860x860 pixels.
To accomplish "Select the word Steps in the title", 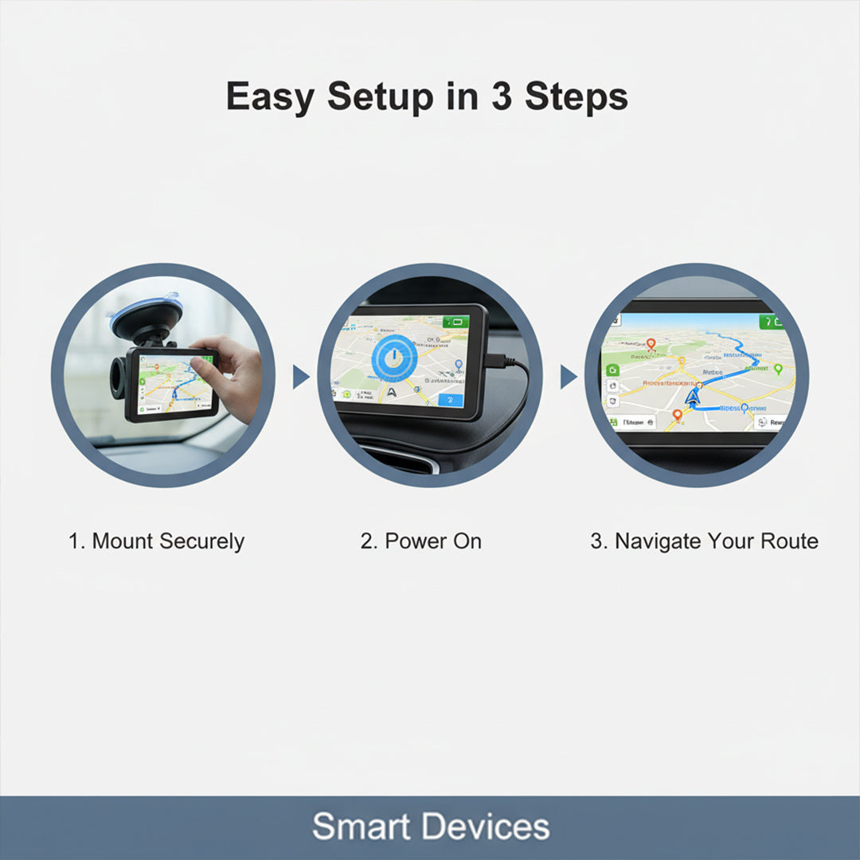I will click(577, 97).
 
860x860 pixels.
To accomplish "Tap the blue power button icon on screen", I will click(390, 359).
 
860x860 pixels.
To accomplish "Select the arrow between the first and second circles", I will click(300, 377).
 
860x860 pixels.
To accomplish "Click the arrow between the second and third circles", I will click(568, 377).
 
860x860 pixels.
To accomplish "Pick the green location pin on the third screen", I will click(778, 369).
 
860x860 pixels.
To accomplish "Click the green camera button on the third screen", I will click(612, 369).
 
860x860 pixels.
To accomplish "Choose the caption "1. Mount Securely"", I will click(156, 541).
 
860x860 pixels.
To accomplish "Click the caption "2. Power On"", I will click(420, 541).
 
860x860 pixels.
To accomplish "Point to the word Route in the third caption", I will click(789, 541).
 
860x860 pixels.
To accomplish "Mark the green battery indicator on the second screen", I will click(457, 321).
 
